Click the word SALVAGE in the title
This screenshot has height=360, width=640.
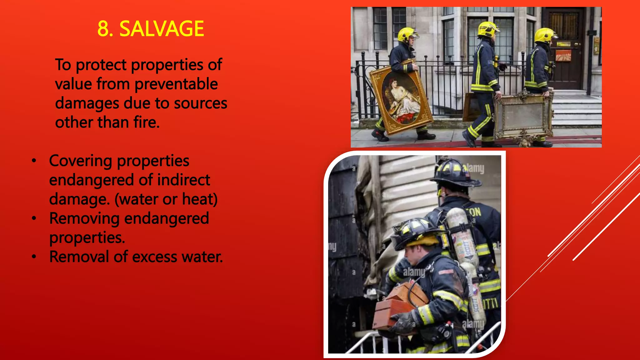click(162, 29)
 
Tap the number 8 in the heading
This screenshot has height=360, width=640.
click(103, 29)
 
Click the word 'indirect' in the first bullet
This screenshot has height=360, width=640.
click(183, 180)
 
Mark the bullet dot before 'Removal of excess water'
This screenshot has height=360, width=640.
click(34, 257)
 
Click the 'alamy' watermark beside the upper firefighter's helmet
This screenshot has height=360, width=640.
click(474, 168)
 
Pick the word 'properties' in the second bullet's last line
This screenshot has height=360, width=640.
click(87, 238)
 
